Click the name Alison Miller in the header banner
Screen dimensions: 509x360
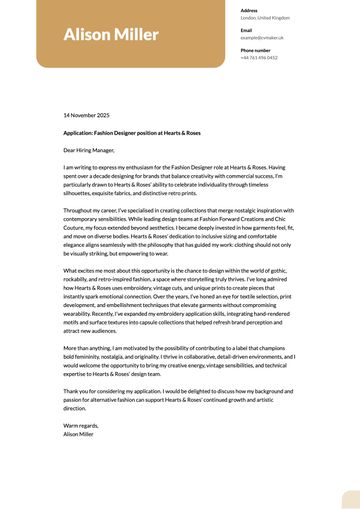110,36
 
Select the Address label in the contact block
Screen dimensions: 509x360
249,10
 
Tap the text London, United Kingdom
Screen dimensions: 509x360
265,18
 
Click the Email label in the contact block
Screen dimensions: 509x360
246,30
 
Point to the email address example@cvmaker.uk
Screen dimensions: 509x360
262,37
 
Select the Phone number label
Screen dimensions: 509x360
255,49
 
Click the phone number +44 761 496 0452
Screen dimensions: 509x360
259,57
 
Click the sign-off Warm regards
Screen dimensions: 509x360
81,425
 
